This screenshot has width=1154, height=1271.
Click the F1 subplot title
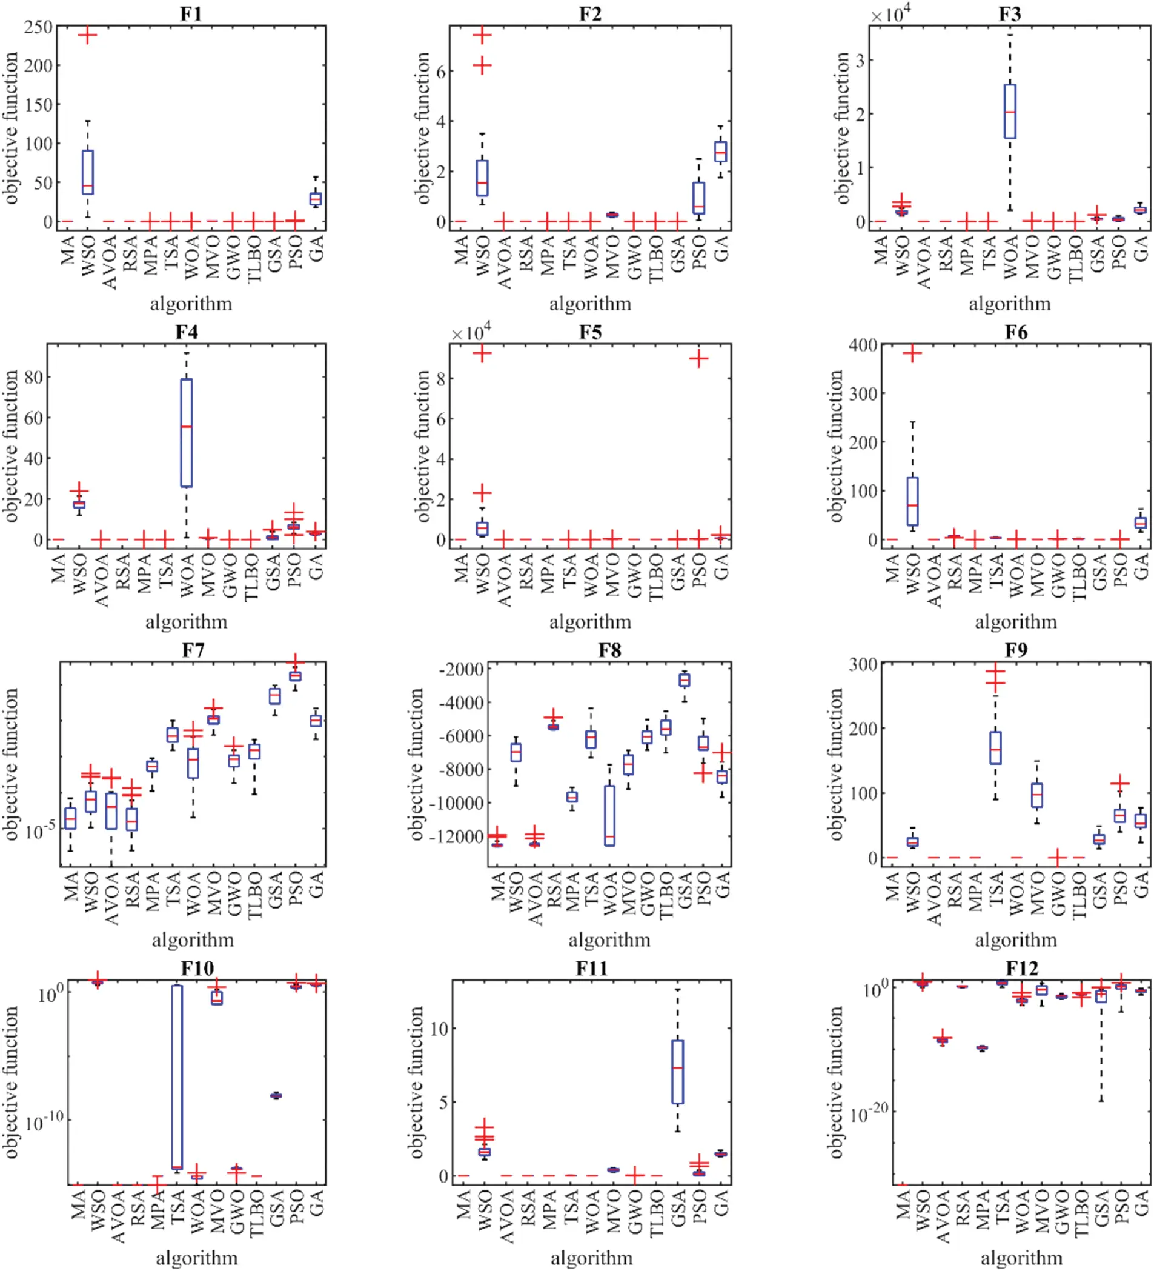pos(191,13)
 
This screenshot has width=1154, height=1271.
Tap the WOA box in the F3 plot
pos(1009,112)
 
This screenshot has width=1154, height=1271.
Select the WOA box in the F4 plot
pos(186,433)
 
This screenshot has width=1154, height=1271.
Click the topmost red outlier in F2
pos(482,35)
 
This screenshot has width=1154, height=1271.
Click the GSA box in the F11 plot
pos(677,1072)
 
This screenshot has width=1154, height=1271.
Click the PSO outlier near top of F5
pos(698,359)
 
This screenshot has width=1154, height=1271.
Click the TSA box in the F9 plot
pos(995,748)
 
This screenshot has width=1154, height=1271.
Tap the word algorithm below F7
pos(193,939)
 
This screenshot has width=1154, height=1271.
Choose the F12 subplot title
pos(1021,967)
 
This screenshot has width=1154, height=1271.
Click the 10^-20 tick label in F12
pos(869,1114)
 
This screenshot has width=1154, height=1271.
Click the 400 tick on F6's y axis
pos(863,345)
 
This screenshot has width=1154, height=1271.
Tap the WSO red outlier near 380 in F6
pos(912,354)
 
